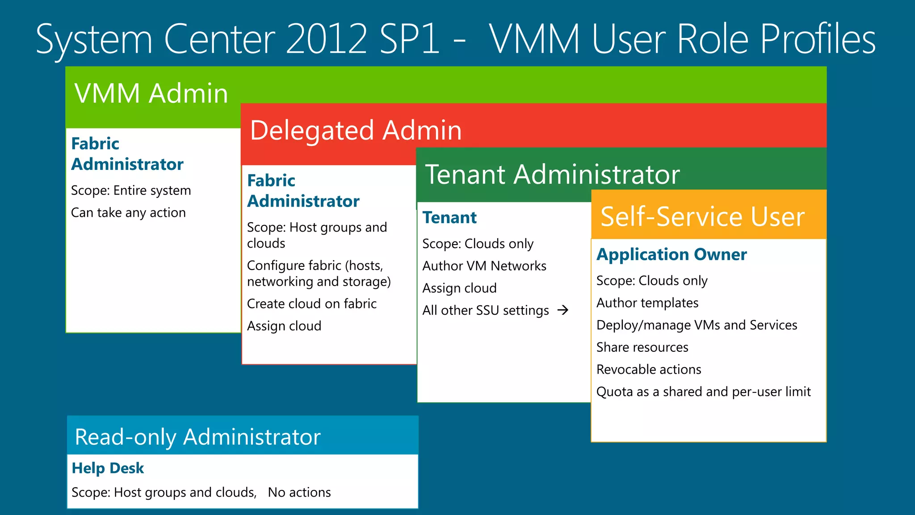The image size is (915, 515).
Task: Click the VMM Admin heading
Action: (151, 93)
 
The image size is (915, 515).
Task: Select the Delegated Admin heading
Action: (356, 131)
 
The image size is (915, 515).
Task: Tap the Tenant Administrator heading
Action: (552, 174)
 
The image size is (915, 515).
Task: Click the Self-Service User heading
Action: (702, 217)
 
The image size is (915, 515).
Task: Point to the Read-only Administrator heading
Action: (197, 437)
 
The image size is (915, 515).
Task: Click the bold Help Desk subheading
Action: (108, 468)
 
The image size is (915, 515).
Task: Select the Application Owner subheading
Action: (671, 254)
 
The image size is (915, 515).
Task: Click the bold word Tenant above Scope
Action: (449, 218)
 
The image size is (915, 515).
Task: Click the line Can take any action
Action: (128, 213)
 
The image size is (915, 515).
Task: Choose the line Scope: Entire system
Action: (131, 190)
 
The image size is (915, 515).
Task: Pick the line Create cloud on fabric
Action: (311, 304)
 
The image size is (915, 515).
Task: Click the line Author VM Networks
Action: (484, 266)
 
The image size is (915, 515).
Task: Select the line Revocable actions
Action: (648, 370)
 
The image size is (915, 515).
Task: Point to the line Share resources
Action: (642, 347)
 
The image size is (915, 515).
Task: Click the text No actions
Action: (299, 492)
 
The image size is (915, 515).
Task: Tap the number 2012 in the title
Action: (327, 39)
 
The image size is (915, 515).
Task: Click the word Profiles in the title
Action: (818, 39)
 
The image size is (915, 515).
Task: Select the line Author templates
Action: (647, 303)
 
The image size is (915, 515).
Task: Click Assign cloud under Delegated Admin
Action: (284, 326)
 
